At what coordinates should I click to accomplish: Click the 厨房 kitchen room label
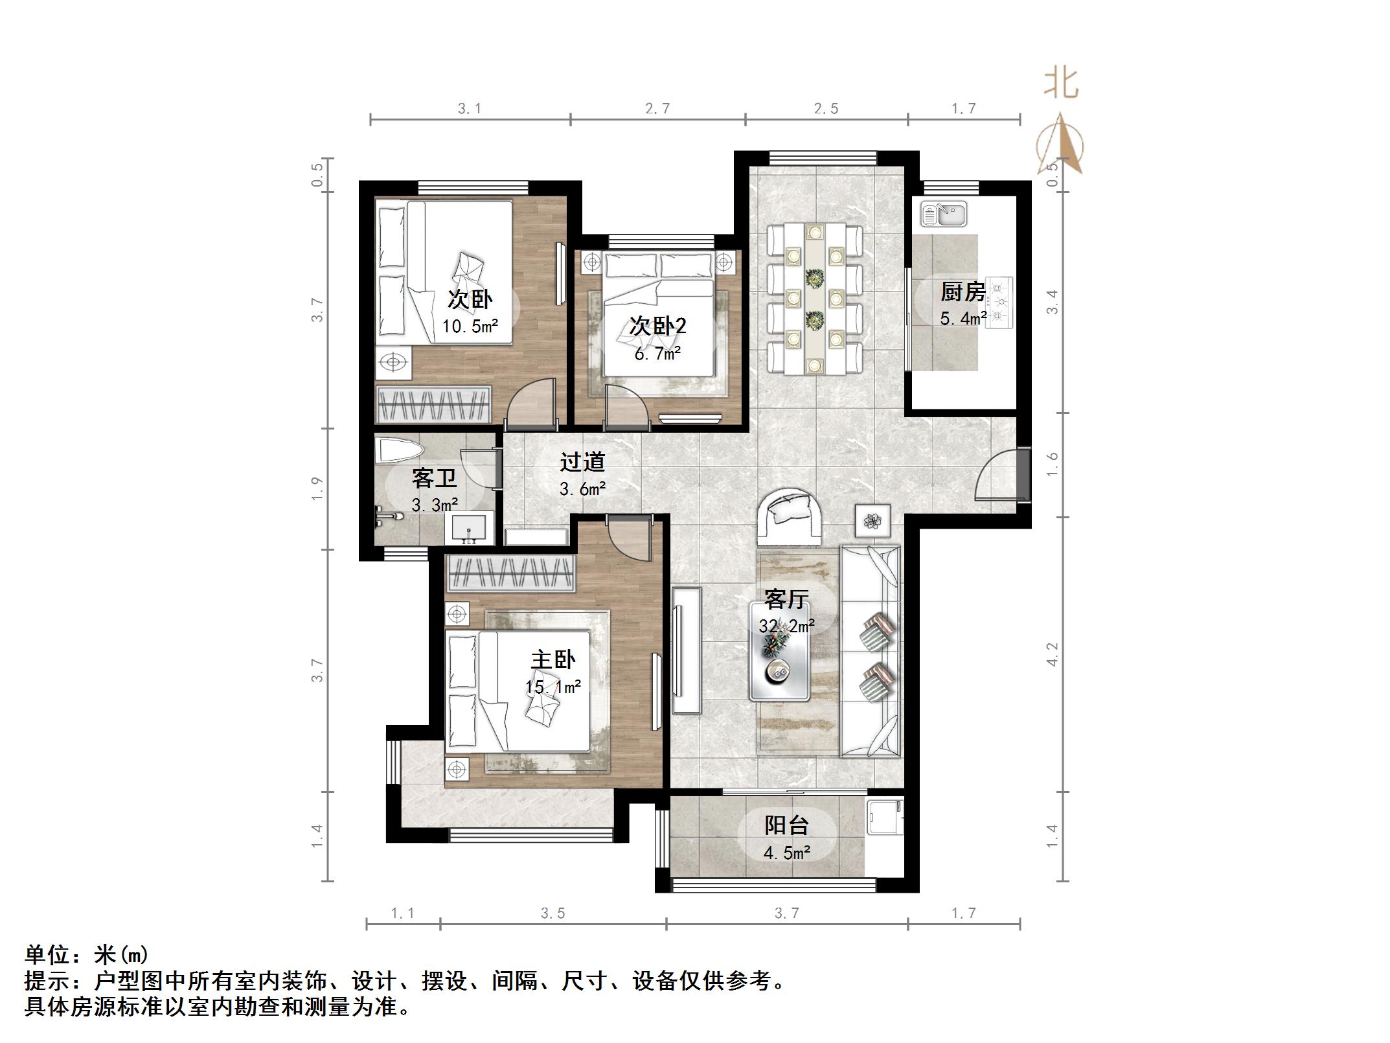pyautogui.click(x=963, y=292)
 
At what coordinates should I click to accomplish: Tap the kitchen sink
pyautogui.click(x=945, y=213)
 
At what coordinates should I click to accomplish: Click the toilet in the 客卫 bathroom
pyautogui.click(x=398, y=450)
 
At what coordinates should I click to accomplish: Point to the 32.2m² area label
pyautogui.click(x=786, y=626)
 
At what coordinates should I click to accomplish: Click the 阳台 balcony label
pyautogui.click(x=786, y=825)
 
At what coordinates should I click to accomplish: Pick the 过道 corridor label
pyautogui.click(x=582, y=462)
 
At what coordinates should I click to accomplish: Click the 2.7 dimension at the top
pyautogui.click(x=657, y=109)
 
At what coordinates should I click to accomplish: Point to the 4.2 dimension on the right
pyautogui.click(x=1052, y=654)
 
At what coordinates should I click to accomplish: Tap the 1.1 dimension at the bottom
pyautogui.click(x=402, y=913)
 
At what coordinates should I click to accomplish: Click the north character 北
pyautogui.click(x=1060, y=84)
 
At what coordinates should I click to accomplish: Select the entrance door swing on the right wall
pyautogui.click(x=996, y=476)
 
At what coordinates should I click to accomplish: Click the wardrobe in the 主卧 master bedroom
pyautogui.click(x=510, y=573)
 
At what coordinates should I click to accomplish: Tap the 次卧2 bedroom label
pyautogui.click(x=657, y=326)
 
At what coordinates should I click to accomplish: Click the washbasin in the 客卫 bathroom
pyautogui.click(x=469, y=528)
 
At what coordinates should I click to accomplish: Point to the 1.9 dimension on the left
pyautogui.click(x=317, y=488)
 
